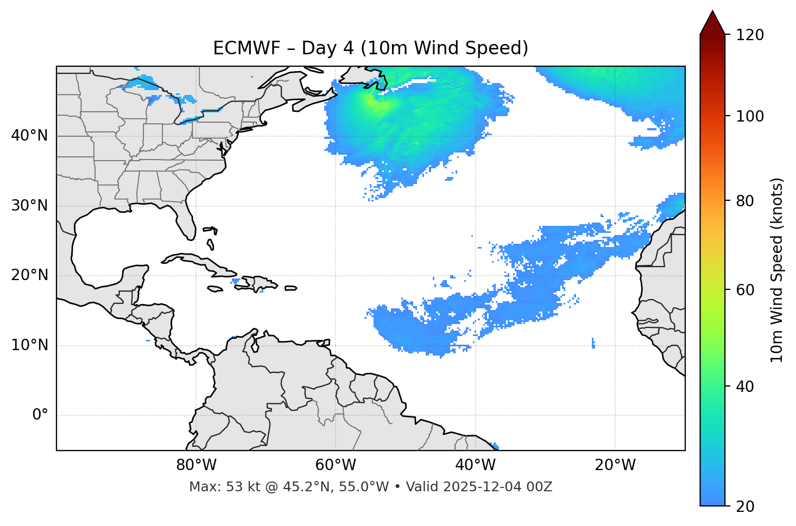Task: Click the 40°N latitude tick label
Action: [29, 136]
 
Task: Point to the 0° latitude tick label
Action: [40, 415]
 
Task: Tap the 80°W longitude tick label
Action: [196, 465]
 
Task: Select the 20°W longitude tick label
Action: [615, 465]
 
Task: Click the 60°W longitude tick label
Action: [336, 465]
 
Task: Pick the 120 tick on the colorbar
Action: [751, 35]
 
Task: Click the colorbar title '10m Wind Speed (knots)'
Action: [777, 270]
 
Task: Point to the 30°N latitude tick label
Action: [29, 206]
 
